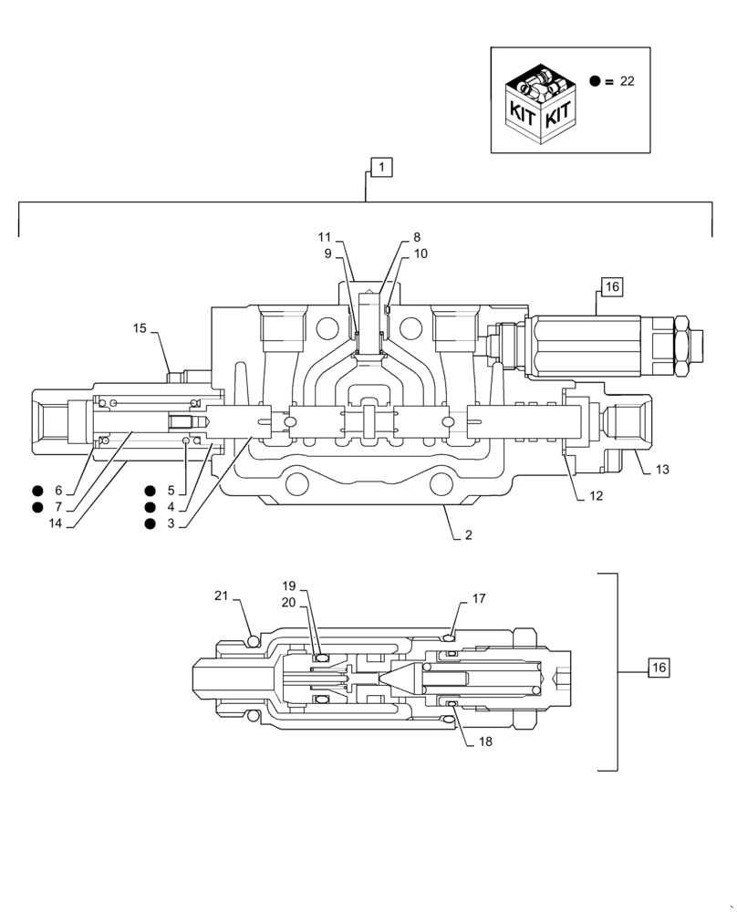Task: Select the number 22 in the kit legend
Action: tap(627, 81)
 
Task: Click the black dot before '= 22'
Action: tap(595, 81)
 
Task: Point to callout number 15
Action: tap(140, 327)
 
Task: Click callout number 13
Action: tap(662, 470)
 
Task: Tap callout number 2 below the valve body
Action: tap(468, 535)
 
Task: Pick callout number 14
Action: tap(57, 523)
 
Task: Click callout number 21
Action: tap(221, 596)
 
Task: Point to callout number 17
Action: tap(479, 599)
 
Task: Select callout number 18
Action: tap(484, 741)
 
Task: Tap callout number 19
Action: tap(289, 586)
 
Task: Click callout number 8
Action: tap(416, 236)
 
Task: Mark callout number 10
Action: tap(420, 254)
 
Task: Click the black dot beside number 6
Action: tap(37, 491)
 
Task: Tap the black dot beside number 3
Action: tap(149, 523)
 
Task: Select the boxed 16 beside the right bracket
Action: tap(659, 668)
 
